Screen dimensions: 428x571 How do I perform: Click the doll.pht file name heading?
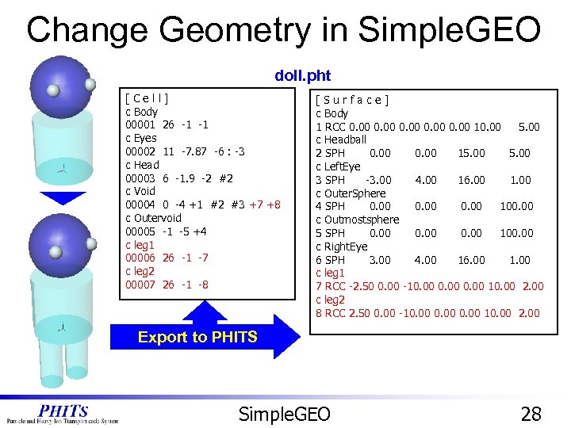(302, 76)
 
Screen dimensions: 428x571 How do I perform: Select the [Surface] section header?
(351, 100)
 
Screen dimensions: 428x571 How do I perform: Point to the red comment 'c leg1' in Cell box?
(142, 245)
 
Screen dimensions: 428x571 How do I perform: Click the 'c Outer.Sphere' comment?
(351, 193)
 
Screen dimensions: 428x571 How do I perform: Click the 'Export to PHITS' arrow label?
(197, 337)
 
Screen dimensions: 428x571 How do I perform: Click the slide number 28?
(531, 413)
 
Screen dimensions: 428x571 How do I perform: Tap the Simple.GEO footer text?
(285, 413)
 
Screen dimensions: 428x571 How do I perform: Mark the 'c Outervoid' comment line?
(153, 218)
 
